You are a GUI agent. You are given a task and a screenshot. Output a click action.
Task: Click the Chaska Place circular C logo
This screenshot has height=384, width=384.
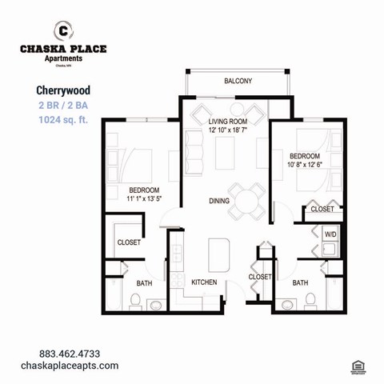coord(62,30)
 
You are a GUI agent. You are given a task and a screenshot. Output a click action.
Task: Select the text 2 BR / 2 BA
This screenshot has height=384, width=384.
coord(63,106)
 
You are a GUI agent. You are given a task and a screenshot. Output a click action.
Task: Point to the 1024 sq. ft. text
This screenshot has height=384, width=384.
coord(63,121)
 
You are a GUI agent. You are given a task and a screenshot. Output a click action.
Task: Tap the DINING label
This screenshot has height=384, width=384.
coord(219,202)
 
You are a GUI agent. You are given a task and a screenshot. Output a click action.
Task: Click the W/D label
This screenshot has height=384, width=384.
coord(330,234)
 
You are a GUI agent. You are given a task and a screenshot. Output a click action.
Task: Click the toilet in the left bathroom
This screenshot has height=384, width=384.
coord(136,302)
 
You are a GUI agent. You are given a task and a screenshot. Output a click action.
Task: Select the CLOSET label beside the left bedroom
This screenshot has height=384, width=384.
coord(129,242)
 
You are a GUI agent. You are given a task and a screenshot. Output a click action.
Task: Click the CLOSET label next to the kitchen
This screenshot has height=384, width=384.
coord(260,277)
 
